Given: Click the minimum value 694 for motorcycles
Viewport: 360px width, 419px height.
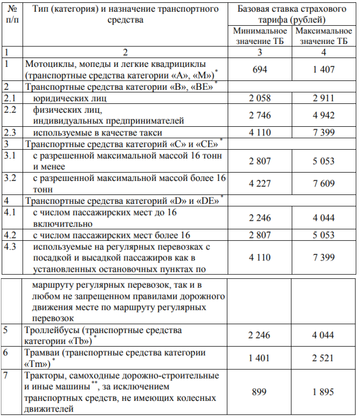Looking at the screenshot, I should pyautogui.click(x=260, y=69).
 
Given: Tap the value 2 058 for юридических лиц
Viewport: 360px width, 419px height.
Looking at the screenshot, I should pyautogui.click(x=260, y=98).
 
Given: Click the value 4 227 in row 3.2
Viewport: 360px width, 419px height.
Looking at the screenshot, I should pyautogui.click(x=260, y=184).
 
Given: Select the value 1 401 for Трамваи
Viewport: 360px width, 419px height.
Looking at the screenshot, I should pyautogui.click(x=260, y=358).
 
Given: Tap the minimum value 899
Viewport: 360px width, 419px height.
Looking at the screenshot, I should pyautogui.click(x=260, y=392).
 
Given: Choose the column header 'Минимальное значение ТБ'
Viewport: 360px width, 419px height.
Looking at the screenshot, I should pyautogui.click(x=260, y=36).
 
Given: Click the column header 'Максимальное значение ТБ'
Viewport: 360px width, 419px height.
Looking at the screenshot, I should pyautogui.click(x=323, y=36).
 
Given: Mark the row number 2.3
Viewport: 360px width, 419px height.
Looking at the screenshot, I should pyautogui.click(x=9, y=132).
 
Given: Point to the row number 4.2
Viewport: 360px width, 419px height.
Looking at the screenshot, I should pyautogui.click(x=9, y=235).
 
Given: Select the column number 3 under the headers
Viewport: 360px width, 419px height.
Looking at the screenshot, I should pyautogui.click(x=260, y=52).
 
